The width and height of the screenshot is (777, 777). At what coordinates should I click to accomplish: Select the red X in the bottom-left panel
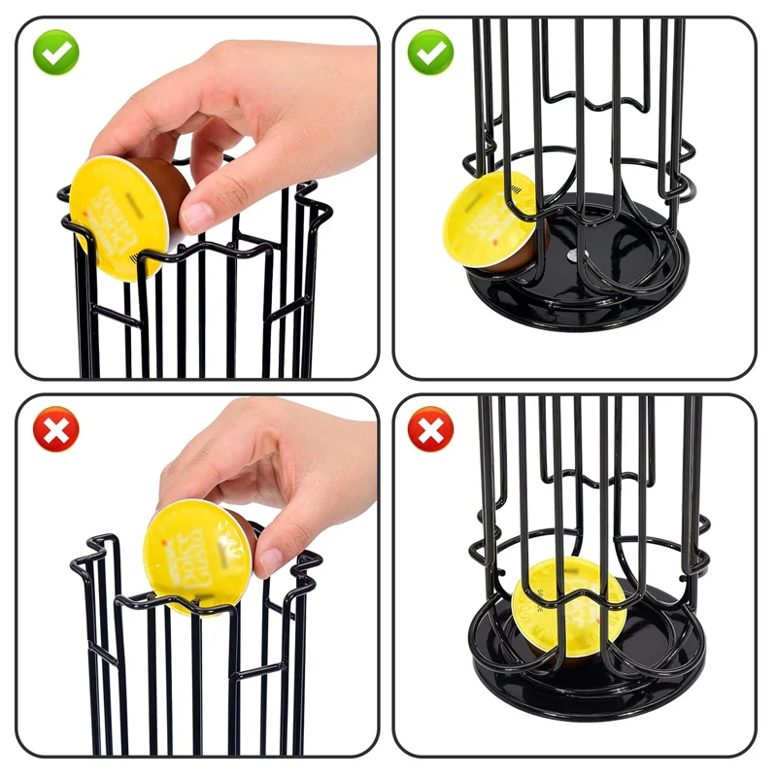point(55,428)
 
